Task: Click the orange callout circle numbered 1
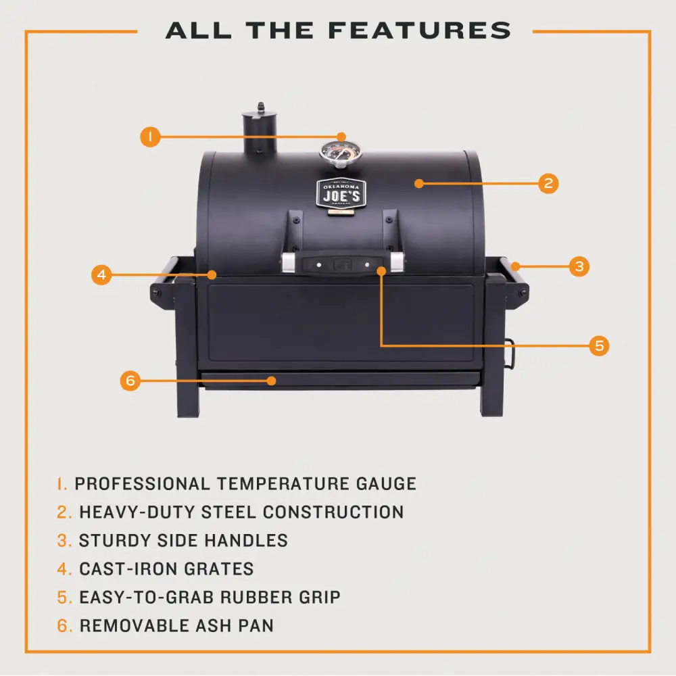pos(150,137)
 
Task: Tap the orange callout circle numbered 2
pos(548,183)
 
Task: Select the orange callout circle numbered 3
pos(579,266)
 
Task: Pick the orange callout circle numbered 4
pos(102,274)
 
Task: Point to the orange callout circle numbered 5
pos(599,345)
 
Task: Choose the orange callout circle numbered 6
pos(130,381)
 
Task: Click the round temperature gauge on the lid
pos(341,155)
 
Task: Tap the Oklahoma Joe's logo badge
pos(341,194)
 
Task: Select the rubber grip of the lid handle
pos(343,264)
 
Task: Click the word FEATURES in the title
pos(419,30)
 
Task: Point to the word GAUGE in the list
pos(386,484)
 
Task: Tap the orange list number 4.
pos(64,569)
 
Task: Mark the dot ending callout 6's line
pos(271,381)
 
